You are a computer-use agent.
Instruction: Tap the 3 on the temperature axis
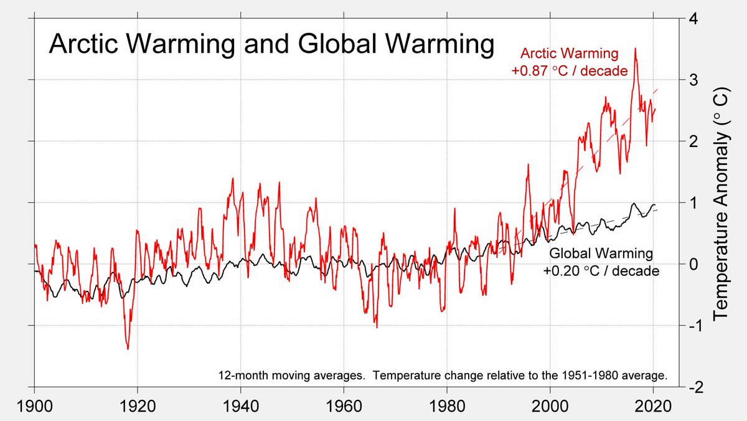click(x=693, y=80)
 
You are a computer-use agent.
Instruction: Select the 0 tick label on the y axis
click(x=693, y=264)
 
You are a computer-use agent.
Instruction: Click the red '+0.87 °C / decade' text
click(x=569, y=71)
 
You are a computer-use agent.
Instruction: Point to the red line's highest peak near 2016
click(x=635, y=49)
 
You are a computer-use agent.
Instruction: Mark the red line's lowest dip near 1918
click(x=128, y=349)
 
